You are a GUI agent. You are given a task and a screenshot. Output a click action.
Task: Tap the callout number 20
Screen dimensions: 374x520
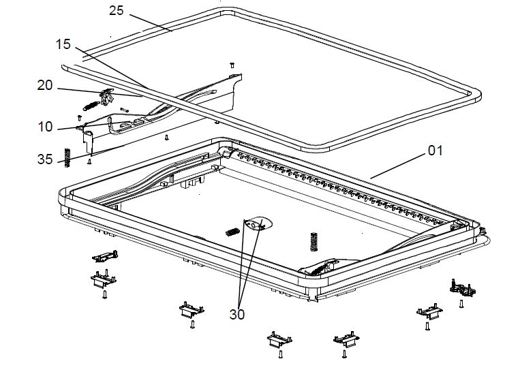pyautogui.click(x=45, y=85)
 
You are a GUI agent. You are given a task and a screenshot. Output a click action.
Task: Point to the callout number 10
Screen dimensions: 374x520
pyautogui.click(x=45, y=127)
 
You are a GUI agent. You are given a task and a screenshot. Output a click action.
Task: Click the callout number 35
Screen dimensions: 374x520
pyautogui.click(x=45, y=159)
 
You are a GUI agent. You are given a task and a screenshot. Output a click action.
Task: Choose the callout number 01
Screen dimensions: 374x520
pyautogui.click(x=435, y=150)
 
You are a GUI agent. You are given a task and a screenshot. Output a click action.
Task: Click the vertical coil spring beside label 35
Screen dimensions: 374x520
pyautogui.click(x=67, y=157)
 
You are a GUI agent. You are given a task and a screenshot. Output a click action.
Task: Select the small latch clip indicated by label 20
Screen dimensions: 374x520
pyautogui.click(x=106, y=99)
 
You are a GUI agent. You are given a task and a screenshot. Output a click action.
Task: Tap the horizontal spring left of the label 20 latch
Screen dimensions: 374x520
pyautogui.click(x=89, y=106)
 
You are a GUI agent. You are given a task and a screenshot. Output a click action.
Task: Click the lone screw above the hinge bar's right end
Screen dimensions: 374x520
pyautogui.click(x=232, y=64)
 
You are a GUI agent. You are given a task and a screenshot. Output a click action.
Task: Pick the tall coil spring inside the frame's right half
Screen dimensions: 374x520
pyautogui.click(x=313, y=239)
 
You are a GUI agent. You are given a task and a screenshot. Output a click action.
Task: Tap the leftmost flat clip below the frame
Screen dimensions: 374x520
pyautogui.click(x=106, y=256)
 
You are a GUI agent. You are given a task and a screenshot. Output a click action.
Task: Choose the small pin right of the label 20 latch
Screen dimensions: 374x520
pyautogui.click(x=124, y=108)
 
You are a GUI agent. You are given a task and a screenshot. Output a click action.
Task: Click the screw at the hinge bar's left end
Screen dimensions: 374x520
pyautogui.click(x=80, y=117)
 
